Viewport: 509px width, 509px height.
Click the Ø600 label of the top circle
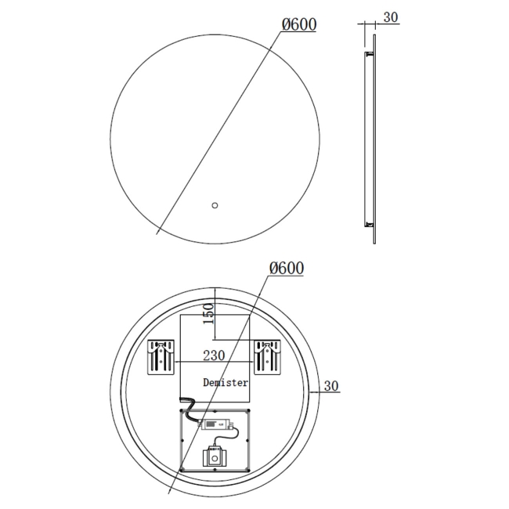pos(298,24)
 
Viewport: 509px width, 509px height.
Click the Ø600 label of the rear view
pos(286,269)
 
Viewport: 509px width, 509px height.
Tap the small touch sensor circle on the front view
pos(214,206)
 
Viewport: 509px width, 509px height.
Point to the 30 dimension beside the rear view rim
pos(330,385)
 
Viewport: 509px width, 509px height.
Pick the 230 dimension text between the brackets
pos(213,355)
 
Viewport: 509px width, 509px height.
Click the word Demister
pos(226,383)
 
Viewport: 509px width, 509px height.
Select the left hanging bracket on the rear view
pos(161,358)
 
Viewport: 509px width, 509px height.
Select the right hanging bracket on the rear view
pos(267,358)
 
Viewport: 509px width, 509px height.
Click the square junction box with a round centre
pos(215,456)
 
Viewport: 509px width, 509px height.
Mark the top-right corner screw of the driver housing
pos(248,410)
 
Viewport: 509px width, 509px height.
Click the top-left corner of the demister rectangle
pos(181,316)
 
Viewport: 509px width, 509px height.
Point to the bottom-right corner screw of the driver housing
pos(248,469)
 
